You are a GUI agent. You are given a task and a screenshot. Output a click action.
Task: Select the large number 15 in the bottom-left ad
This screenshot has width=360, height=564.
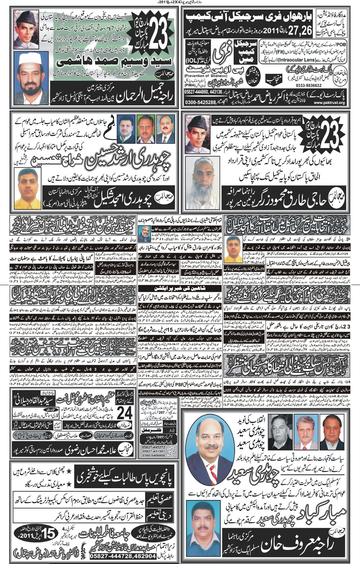coord(49,535)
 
